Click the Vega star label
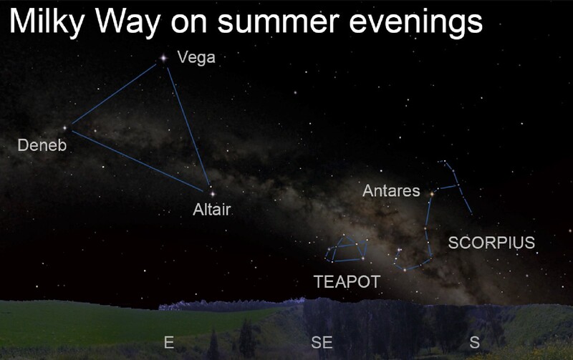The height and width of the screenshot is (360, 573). coord(196,58)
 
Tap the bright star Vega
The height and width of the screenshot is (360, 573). coord(163,58)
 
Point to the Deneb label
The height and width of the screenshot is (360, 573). coord(42,145)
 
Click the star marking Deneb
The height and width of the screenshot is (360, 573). coord(65,128)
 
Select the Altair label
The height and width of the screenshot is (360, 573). coord(212,210)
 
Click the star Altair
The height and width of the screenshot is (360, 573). coord(212,194)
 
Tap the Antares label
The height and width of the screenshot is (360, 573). coord(391,190)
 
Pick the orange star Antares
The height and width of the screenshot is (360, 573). coord(432,194)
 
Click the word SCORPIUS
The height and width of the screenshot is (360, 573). coord(491,243)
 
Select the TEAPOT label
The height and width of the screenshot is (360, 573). coord(347,282)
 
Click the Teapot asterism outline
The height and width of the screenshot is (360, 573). coord(348,261)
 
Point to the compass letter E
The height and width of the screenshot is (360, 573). coord(169,343)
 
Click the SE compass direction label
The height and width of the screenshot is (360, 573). coord(322,343)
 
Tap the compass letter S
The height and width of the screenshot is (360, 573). coord(474,343)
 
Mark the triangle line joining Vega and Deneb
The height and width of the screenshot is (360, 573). coord(114,94)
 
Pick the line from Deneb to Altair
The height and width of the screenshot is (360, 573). coord(138,161)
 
